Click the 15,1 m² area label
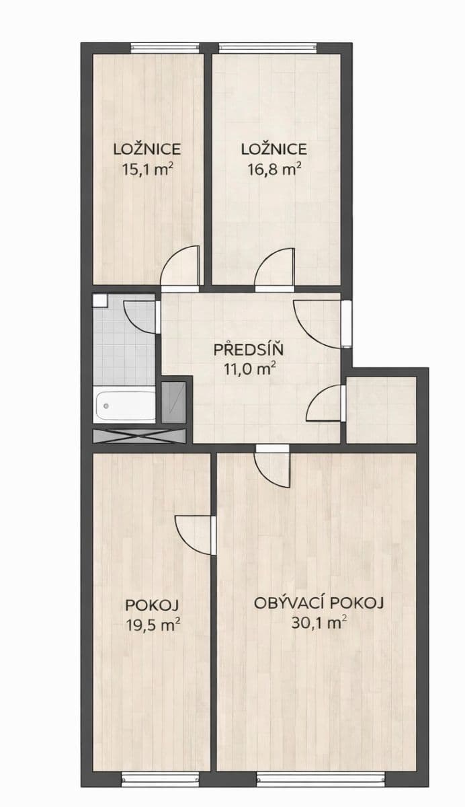(x=147, y=169)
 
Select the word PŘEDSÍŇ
(x=249, y=350)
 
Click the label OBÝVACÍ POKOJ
(x=319, y=603)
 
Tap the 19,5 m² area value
(x=153, y=624)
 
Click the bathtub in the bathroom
(x=126, y=406)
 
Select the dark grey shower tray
(x=173, y=402)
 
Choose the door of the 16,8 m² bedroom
(x=276, y=269)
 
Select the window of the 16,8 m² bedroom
(x=267, y=47)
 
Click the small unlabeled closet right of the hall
(x=381, y=410)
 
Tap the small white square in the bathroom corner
(x=99, y=301)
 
